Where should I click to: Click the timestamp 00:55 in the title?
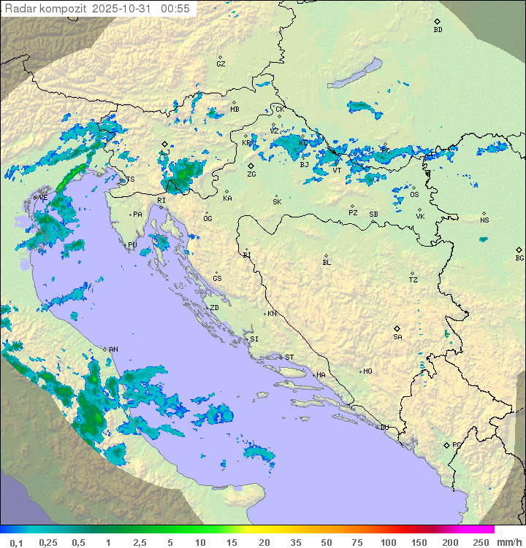point(175,9)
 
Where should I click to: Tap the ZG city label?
point(251,175)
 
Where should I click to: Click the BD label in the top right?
point(438,30)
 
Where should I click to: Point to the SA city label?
point(397,337)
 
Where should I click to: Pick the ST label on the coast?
point(289,358)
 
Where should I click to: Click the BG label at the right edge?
point(519,258)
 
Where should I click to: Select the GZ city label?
point(221,64)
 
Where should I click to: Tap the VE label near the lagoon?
point(43,198)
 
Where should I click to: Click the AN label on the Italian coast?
point(113,350)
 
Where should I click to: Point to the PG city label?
point(457,445)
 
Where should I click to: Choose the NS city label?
point(484,220)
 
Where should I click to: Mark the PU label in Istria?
point(132,245)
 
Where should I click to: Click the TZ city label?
point(413,280)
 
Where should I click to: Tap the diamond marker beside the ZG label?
point(251,166)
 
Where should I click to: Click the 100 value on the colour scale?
point(388,542)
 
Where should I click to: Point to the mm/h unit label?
point(508,542)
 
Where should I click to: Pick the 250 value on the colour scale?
point(481,542)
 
